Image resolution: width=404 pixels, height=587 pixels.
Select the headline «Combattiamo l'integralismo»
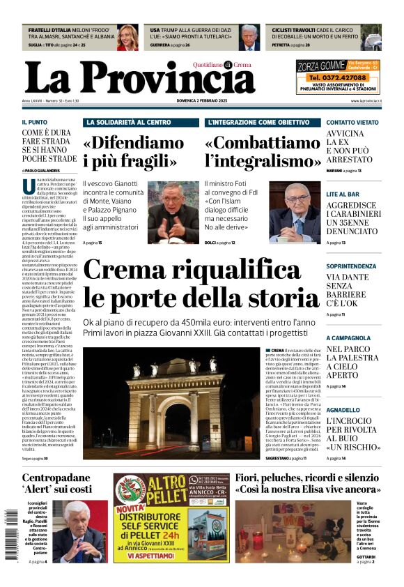pyautogui.click(x=263, y=152)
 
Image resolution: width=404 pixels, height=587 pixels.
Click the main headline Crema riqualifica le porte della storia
pyautogui.click(x=201, y=284)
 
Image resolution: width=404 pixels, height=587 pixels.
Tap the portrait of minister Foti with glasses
pyautogui.click(x=294, y=213)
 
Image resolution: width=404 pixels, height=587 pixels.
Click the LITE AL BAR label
pyautogui.click(x=343, y=194)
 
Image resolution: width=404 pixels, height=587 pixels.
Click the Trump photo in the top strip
pyautogui.click(x=250, y=37)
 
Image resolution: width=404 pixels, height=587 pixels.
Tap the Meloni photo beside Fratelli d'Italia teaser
pyautogui.click(x=127, y=37)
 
